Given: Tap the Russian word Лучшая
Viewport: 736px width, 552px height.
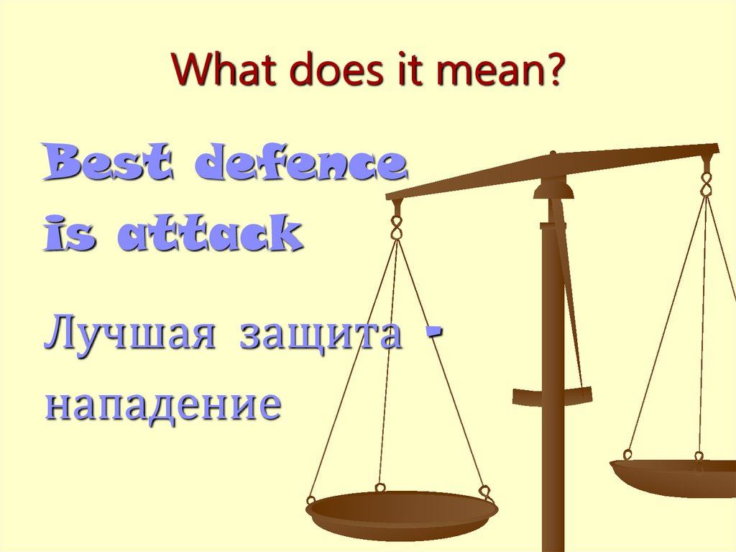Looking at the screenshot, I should [129, 335].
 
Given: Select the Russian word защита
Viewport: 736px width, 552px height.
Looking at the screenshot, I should [320, 335].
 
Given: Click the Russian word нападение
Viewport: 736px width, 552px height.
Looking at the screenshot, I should [162, 404].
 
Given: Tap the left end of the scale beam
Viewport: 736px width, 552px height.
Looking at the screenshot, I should [392, 194].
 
